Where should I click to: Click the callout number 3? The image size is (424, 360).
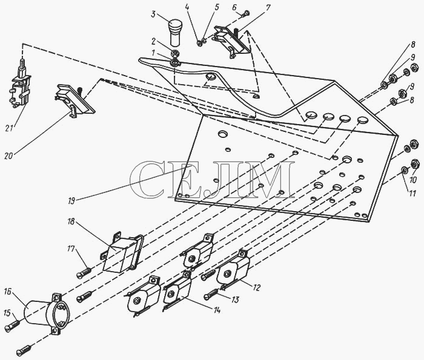pyautogui.click(x=153, y=14)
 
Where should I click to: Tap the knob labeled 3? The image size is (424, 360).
pyautogui.click(x=175, y=33)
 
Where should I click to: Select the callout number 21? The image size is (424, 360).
pyautogui.click(x=9, y=128)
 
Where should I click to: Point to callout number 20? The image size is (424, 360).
pyautogui.click(x=8, y=155)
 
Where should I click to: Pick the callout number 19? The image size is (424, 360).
pyautogui.click(x=71, y=201)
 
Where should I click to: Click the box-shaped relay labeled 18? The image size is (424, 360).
pyautogui.click(x=122, y=253)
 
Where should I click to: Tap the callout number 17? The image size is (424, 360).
pyautogui.click(x=71, y=249)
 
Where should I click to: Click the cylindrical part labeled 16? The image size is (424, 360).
pyautogui.click(x=47, y=313)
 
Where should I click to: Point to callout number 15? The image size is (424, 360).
pyautogui.click(x=7, y=313)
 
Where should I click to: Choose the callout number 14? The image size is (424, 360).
pyautogui.click(x=217, y=310)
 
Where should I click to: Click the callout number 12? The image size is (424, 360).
pyautogui.click(x=256, y=287)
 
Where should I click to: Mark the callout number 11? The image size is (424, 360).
pyautogui.click(x=412, y=194)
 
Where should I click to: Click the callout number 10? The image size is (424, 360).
pyautogui.click(x=414, y=180)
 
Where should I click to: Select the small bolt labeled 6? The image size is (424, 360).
pyautogui.click(x=245, y=13)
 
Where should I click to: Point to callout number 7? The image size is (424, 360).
pyautogui.click(x=268, y=7)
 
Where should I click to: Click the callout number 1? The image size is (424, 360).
pyautogui.click(x=154, y=53)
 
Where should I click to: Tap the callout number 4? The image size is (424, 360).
pyautogui.click(x=187, y=7)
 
